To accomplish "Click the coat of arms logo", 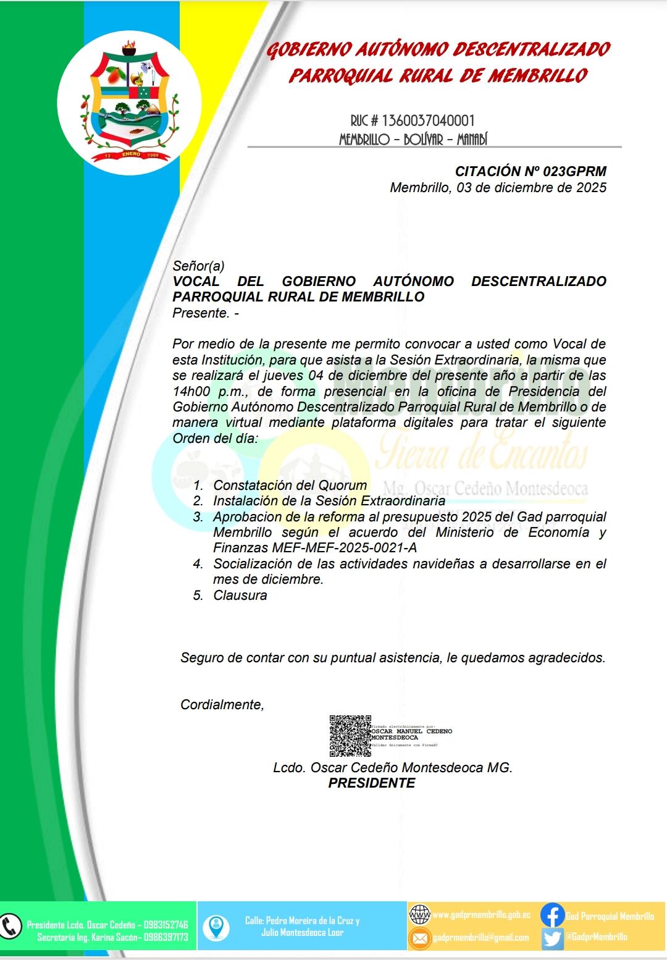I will (129, 103).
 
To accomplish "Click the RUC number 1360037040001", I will (429, 120).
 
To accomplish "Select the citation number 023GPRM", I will (574, 172).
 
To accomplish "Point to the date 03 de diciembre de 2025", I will (532, 188).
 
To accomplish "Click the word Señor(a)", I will (198, 266).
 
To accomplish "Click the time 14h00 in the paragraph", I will (193, 392).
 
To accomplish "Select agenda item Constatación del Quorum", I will (290, 486).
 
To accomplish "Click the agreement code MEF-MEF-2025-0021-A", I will (314, 548).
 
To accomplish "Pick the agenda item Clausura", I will (240, 596).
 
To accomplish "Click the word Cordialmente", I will (222, 705).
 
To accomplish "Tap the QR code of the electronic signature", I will (350, 736).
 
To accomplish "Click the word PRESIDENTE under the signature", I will (371, 783).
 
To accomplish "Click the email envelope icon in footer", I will (419, 938).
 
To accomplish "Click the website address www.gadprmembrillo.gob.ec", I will (481, 915).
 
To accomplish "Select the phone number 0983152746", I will (166, 925).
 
